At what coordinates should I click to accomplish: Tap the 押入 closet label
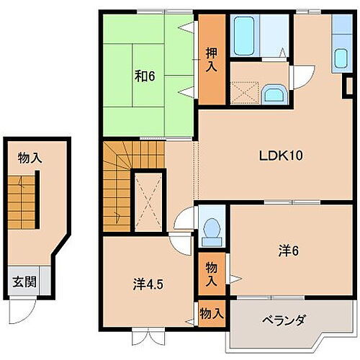(x=211, y=58)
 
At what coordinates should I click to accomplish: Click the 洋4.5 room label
(x=148, y=283)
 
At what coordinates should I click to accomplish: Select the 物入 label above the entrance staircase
(x=29, y=158)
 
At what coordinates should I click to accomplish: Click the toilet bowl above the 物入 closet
(x=212, y=229)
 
